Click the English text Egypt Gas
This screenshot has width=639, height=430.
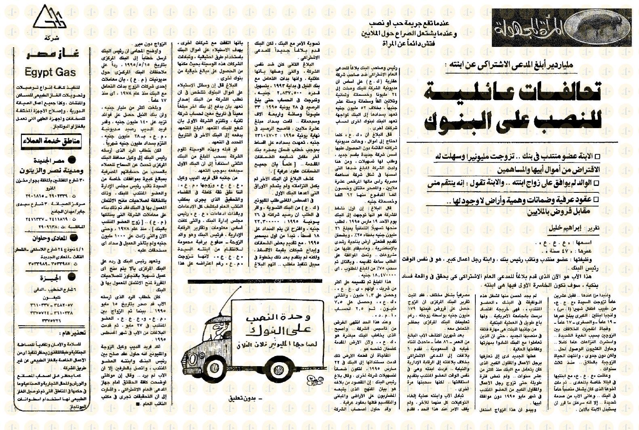[50, 72]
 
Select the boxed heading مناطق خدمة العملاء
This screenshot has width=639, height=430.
[51, 141]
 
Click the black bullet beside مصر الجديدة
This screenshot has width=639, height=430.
[72, 161]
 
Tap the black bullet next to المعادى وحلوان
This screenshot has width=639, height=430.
[74, 238]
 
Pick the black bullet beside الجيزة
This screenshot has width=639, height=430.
[72, 277]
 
